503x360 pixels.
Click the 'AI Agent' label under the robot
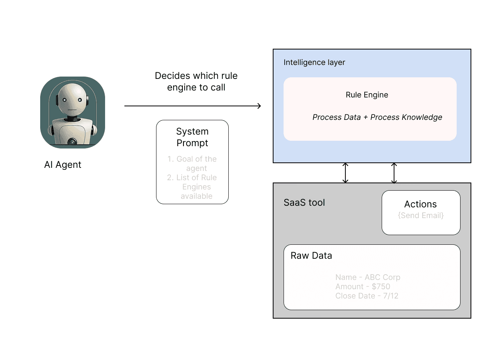(x=63, y=165)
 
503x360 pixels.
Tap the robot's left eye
(x=65, y=100)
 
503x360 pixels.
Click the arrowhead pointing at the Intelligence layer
(x=259, y=106)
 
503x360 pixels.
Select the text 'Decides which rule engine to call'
(x=196, y=82)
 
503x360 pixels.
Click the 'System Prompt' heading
(x=192, y=137)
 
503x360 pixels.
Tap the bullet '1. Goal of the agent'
(x=192, y=164)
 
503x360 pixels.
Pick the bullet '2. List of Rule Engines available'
(x=192, y=187)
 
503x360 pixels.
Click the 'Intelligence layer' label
(x=314, y=62)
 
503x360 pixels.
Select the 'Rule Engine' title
(x=367, y=95)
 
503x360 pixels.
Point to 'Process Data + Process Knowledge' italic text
(x=377, y=117)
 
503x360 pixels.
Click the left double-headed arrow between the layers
(x=345, y=173)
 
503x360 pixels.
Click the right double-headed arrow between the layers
(x=394, y=173)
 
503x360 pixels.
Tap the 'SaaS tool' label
(x=304, y=203)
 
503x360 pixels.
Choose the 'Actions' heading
(x=421, y=204)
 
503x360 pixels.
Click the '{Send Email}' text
(x=421, y=215)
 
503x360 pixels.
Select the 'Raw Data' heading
(x=311, y=256)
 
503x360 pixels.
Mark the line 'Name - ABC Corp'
(x=368, y=277)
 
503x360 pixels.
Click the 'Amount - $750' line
(x=363, y=287)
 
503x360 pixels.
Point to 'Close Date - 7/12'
(x=367, y=296)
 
